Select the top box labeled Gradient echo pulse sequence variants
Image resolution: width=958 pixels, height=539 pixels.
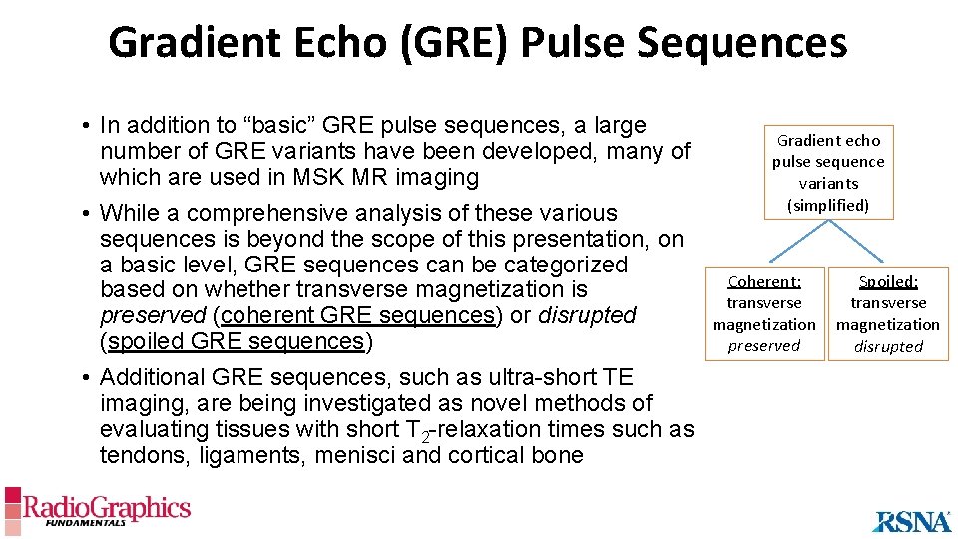click(x=828, y=172)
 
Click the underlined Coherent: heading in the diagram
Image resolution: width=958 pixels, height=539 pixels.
click(x=763, y=282)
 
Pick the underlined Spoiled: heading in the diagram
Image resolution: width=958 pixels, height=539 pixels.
click(x=888, y=282)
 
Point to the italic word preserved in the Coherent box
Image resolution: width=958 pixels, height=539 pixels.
click(x=763, y=346)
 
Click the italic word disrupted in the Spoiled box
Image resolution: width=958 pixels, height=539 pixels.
click(x=888, y=347)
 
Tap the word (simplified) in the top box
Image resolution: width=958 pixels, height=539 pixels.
click(x=828, y=205)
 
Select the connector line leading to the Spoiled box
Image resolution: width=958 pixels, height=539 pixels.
click(x=858, y=242)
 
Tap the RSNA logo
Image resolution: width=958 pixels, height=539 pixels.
click(x=912, y=520)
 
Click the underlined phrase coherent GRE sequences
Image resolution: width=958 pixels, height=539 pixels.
click(x=358, y=316)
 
